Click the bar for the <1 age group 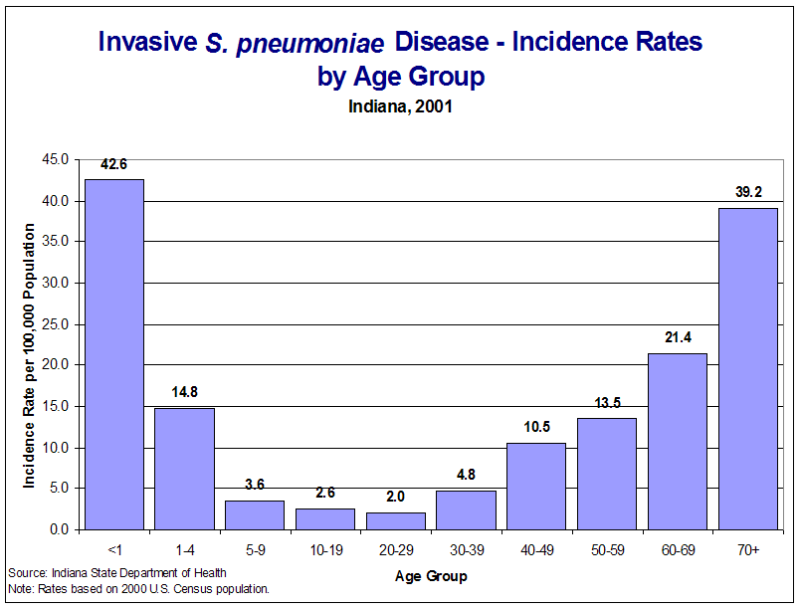coord(113,354)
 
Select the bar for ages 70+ coord(747,368)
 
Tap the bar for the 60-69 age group coord(678,441)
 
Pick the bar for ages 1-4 coord(184,468)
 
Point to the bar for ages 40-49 coord(536,486)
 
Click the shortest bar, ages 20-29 coord(395,520)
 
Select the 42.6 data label coord(113,164)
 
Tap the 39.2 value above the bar coord(747,191)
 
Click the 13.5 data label coord(607,402)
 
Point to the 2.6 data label coord(325,493)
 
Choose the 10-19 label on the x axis coord(325,548)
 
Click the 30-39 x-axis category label coord(466,548)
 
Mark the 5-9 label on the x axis coord(255,548)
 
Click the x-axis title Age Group coord(431,575)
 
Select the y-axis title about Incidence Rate coord(30,355)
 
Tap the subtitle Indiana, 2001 coord(400,106)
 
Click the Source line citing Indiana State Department coord(117,572)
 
